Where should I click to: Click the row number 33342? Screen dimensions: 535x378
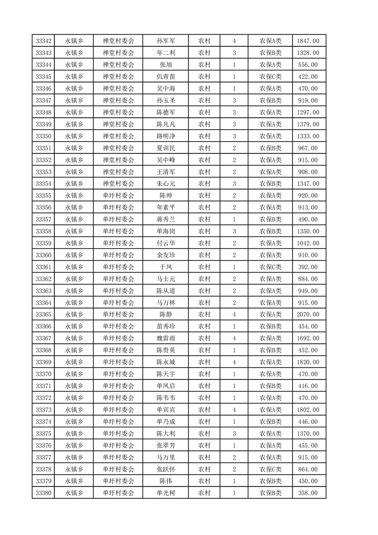(x=43, y=41)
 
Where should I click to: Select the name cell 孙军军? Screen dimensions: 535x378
(x=165, y=41)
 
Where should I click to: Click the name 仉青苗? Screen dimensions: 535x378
(x=165, y=77)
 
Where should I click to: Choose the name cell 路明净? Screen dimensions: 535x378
(x=165, y=136)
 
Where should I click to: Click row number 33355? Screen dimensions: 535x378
(x=43, y=195)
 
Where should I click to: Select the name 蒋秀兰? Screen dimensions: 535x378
(x=165, y=219)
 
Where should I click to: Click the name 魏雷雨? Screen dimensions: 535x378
(x=165, y=339)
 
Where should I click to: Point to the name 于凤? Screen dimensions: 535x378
(x=165, y=267)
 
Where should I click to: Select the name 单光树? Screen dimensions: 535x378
(x=165, y=493)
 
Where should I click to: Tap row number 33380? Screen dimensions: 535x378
(x=43, y=493)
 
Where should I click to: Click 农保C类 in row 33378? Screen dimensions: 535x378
(x=270, y=469)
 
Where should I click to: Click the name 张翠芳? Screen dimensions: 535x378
(x=165, y=445)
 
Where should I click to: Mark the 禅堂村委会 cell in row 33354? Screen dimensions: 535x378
(x=119, y=184)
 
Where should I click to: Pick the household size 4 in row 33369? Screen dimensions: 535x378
(x=234, y=362)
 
